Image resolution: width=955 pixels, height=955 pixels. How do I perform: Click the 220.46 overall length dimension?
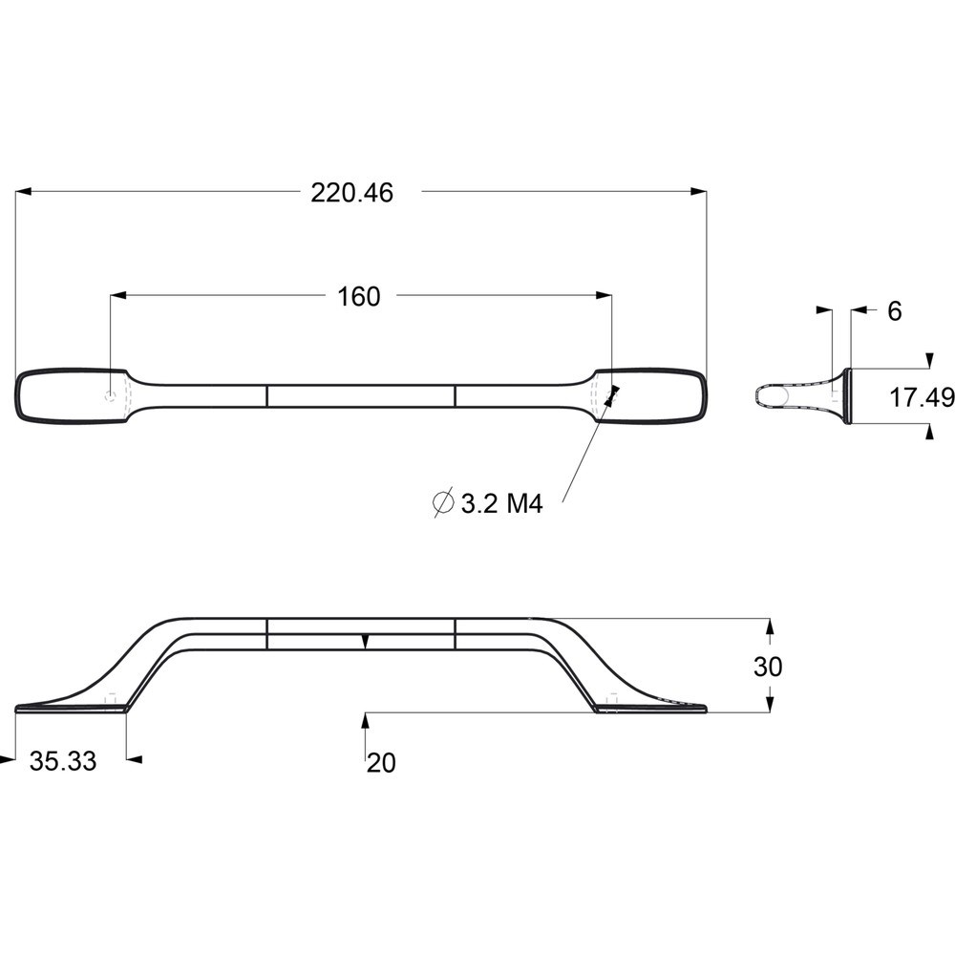click(x=352, y=193)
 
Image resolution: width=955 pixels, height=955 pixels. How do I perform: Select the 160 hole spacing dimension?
click(x=358, y=297)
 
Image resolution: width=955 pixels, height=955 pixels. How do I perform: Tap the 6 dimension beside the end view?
click(x=894, y=311)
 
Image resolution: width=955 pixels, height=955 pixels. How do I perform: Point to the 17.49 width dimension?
click(x=922, y=397)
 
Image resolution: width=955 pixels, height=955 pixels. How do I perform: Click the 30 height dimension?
click(x=768, y=667)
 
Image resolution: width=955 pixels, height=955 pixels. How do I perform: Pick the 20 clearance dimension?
click(x=381, y=762)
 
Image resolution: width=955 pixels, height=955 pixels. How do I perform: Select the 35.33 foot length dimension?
click(x=63, y=761)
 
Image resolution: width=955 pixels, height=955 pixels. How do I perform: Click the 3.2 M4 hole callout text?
click(x=501, y=503)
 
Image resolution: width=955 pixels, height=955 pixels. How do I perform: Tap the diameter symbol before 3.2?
click(x=443, y=502)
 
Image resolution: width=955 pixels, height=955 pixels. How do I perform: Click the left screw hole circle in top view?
click(x=110, y=396)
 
